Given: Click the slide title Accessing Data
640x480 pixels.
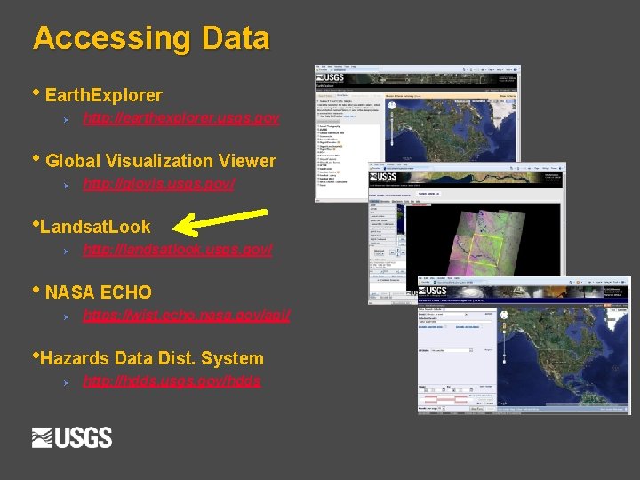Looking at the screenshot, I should point(151,38).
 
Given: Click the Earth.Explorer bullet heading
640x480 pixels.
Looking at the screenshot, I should point(103,95).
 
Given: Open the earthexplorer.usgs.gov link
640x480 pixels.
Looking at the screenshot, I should point(181,118).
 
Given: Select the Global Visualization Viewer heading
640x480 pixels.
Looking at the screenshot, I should point(160,161).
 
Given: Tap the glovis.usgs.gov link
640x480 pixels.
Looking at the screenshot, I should point(159,184).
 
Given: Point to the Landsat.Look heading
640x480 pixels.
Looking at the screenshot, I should point(96,227).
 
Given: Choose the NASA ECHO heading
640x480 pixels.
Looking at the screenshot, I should point(98,292).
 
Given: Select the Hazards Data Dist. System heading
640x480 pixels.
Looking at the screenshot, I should point(151,358).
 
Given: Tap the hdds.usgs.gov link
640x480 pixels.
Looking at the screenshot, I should point(172,381).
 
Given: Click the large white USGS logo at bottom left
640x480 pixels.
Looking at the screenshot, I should point(72,438).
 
